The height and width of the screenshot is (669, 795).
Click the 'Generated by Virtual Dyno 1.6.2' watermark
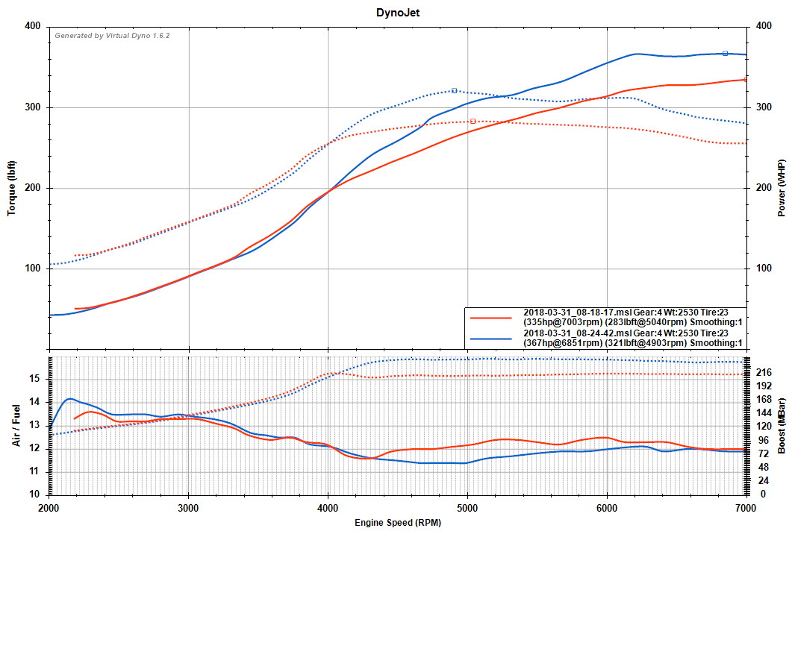pyautogui.click(x=112, y=35)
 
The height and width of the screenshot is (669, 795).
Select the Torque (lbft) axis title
pyautogui.click(x=12, y=188)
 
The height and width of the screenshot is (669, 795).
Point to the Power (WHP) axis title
pyautogui.click(x=782, y=188)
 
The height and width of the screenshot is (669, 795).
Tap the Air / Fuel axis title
pyautogui.click(x=16, y=425)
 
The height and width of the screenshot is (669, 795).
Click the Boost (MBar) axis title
pyautogui.click(x=782, y=425)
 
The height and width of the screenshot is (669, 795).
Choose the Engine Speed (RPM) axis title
pyautogui.click(x=397, y=523)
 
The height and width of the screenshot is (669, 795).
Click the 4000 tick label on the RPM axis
pyautogui.click(x=328, y=507)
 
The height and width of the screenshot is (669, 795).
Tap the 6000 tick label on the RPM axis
pyautogui.click(x=607, y=507)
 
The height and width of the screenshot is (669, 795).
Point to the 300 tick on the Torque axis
pyautogui.click(x=33, y=107)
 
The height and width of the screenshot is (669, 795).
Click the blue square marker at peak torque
pyautogui.click(x=454, y=90)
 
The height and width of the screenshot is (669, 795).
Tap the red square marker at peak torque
pyautogui.click(x=473, y=121)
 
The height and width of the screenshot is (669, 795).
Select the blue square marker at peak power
pyautogui.click(x=725, y=53)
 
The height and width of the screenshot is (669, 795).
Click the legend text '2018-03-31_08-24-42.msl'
pyautogui.click(x=577, y=333)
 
